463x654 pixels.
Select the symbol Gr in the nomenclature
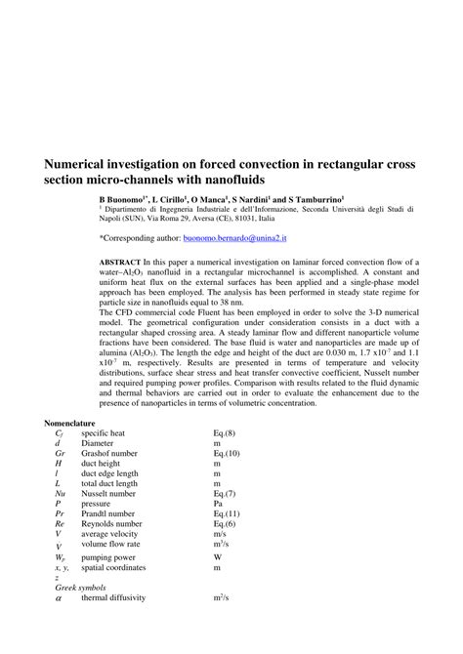point(60,454)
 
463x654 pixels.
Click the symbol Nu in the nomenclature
point(60,494)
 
